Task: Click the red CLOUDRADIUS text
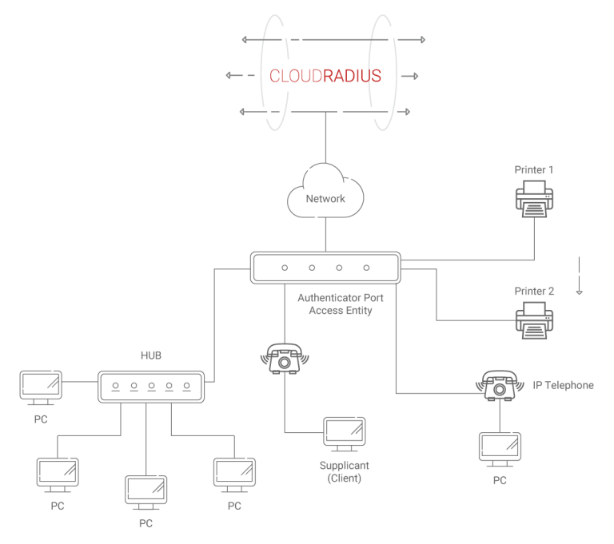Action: click(x=325, y=76)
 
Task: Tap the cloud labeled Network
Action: click(x=325, y=193)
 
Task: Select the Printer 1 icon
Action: click(x=534, y=198)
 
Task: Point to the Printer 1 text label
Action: click(x=535, y=170)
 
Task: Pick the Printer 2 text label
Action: click(x=535, y=292)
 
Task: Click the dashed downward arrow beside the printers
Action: click(x=580, y=276)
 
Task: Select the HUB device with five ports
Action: click(x=151, y=386)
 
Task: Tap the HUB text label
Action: click(x=151, y=355)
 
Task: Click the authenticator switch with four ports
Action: click(x=325, y=268)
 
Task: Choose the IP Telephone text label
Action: click(x=563, y=386)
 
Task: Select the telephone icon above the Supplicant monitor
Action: click(x=285, y=359)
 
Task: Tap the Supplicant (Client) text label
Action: click(x=345, y=471)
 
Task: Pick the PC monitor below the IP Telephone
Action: click(x=500, y=450)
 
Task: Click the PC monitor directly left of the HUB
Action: click(x=40, y=387)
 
